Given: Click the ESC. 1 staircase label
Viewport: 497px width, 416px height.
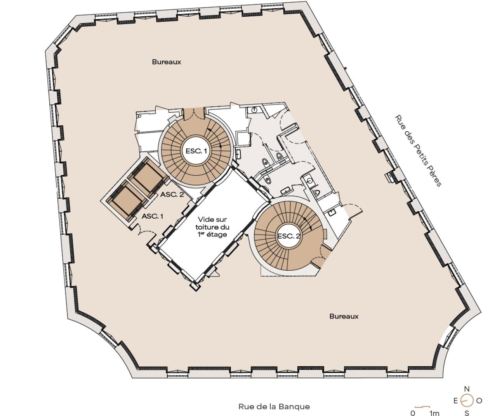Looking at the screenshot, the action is click(196, 151).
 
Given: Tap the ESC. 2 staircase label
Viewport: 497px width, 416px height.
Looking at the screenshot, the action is click(289, 236).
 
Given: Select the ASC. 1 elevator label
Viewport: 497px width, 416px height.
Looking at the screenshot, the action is click(152, 216).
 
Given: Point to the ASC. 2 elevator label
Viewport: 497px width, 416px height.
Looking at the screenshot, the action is click(172, 194).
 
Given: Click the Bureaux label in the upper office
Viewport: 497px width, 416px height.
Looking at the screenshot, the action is click(167, 62).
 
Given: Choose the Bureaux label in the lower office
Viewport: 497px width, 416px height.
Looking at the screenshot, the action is click(344, 316).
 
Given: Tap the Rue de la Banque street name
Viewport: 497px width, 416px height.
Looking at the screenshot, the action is click(274, 406).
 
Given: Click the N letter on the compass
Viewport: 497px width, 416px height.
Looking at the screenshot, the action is click(467, 389).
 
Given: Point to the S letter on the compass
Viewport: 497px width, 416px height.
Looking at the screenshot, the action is click(467, 413).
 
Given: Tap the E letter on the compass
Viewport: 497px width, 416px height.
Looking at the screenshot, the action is click(455, 401).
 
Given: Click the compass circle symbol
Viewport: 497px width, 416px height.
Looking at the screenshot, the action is click(467, 401).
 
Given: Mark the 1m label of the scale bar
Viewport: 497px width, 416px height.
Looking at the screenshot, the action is click(434, 413).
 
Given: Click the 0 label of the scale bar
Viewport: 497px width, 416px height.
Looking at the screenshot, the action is click(413, 413).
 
